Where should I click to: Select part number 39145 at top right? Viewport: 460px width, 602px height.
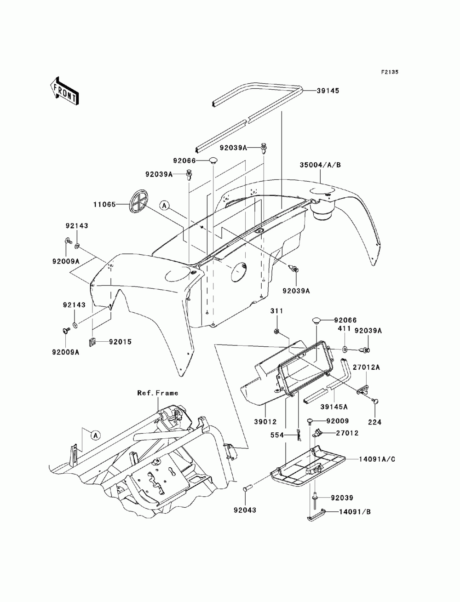click(328, 91)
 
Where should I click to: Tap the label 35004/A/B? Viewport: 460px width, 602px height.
click(320, 164)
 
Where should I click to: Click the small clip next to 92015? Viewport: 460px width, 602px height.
click(92, 341)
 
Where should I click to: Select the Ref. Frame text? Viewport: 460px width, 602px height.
click(158, 393)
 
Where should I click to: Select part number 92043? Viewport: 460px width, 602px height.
click(244, 510)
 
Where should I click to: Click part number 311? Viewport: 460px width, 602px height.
click(277, 311)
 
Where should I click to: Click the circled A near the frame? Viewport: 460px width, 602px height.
click(95, 434)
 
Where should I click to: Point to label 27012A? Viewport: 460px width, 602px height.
click(367, 367)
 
